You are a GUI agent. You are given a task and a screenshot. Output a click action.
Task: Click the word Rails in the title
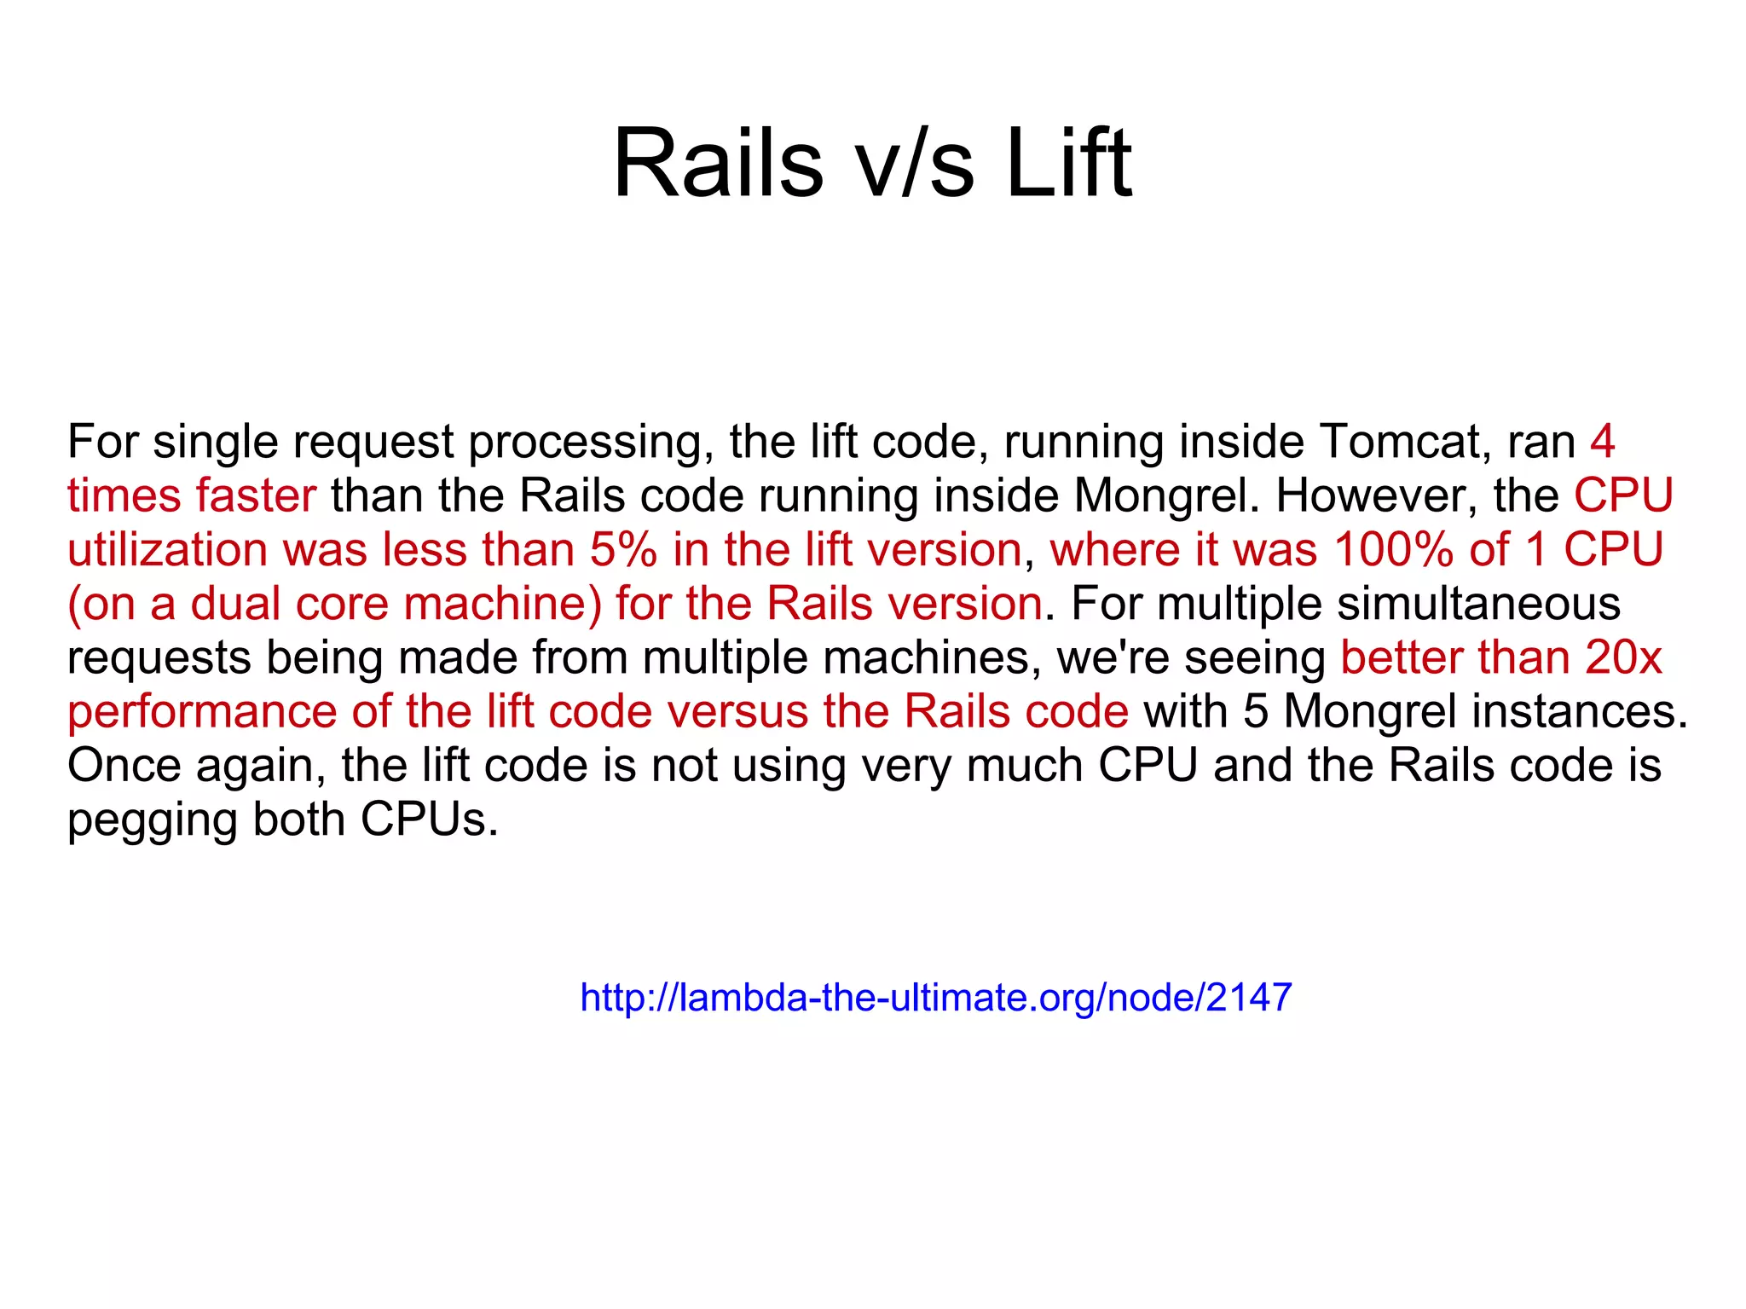click(718, 163)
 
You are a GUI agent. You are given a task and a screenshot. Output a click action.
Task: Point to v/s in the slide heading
click(915, 163)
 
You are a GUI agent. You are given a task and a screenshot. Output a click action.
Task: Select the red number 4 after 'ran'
click(1602, 442)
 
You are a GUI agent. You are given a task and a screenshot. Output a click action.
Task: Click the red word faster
click(256, 495)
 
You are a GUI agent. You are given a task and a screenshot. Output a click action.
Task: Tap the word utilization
click(168, 549)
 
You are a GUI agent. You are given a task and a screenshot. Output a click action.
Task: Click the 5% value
click(623, 549)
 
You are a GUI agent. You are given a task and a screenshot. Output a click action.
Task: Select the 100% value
click(1393, 549)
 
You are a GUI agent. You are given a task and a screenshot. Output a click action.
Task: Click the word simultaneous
click(1478, 604)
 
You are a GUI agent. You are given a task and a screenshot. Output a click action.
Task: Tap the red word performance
click(202, 711)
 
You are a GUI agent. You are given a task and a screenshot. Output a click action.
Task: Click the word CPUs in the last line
click(428, 820)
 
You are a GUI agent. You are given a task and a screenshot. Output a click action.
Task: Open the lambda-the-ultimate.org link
click(935, 997)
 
